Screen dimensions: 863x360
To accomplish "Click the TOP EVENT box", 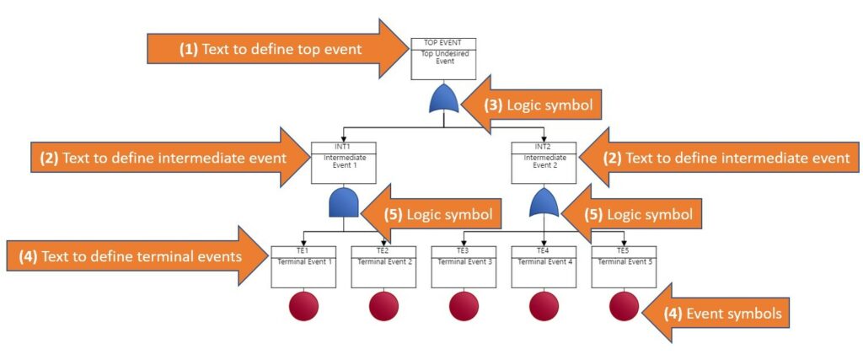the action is pos(443,59).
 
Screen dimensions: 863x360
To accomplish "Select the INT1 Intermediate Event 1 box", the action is pos(344,163).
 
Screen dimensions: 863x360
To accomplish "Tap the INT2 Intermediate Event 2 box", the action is pos(544,163).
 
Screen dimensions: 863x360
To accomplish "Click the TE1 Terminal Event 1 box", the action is pos(303,266).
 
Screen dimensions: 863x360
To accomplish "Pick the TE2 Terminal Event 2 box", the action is pos(383,266).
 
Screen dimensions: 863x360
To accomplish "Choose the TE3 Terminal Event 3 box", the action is pos(464,266).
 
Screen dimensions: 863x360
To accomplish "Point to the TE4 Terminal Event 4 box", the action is pos(544,266).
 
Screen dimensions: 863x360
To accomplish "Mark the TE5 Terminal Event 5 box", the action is pos(624,266).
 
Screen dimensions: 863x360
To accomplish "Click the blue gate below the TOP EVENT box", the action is pos(443,99).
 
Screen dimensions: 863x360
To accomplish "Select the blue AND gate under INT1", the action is pos(344,202).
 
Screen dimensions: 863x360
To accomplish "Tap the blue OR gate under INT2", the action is pos(544,202).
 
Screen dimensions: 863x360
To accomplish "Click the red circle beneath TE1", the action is pos(303,307).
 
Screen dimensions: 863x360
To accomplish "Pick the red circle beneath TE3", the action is pos(464,307).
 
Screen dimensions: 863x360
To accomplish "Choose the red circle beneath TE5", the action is pos(624,307).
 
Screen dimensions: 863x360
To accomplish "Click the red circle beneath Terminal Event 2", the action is pos(383,307).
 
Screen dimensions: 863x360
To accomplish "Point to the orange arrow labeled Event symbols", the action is pos(716,314).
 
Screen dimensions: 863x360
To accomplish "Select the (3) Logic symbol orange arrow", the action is pos(531,105).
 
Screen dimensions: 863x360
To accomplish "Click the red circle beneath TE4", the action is pos(544,307).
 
